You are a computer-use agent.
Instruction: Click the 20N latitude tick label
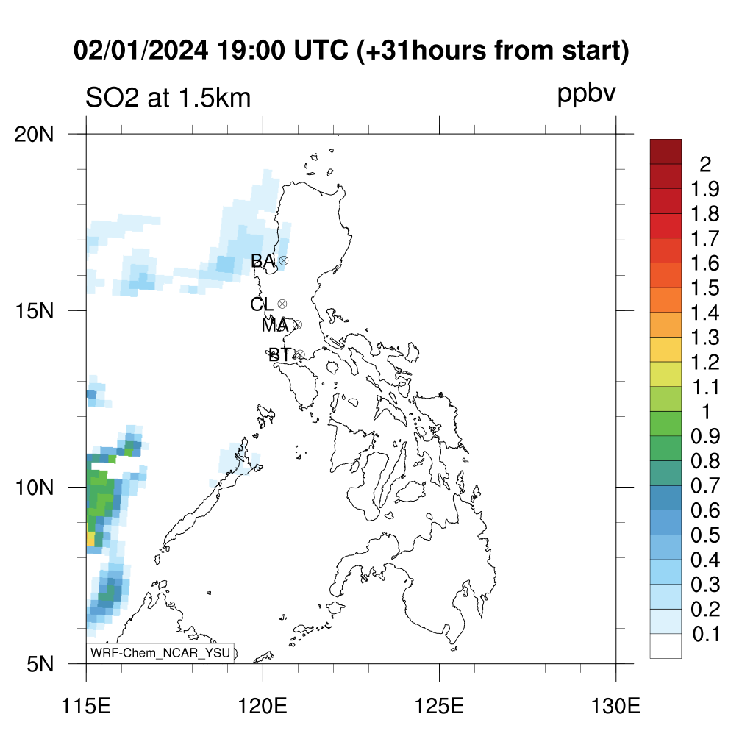point(34,135)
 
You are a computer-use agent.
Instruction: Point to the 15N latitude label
point(34,311)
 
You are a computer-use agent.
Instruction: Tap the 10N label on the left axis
point(34,488)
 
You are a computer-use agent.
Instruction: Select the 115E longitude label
point(87,706)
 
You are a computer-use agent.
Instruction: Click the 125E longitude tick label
point(439,706)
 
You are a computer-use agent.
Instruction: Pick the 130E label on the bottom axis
point(615,706)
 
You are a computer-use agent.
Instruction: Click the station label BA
point(263,261)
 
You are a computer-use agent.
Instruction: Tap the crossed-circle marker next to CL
point(282,304)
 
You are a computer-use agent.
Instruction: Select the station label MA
point(275,326)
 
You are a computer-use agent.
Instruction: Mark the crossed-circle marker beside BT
point(300,355)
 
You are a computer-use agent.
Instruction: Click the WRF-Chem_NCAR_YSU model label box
point(160,653)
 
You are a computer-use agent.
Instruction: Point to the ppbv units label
point(586,94)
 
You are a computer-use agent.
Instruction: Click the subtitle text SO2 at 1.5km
point(168,98)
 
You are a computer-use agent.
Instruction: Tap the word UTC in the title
point(321,51)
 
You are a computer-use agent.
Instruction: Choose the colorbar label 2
point(705,165)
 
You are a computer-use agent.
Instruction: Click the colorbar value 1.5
point(705,288)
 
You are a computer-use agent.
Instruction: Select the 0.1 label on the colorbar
point(706,635)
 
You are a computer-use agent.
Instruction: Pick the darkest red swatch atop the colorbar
point(665,151)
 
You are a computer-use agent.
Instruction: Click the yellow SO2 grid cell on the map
point(90,538)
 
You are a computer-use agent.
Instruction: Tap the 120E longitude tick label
point(263,706)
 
